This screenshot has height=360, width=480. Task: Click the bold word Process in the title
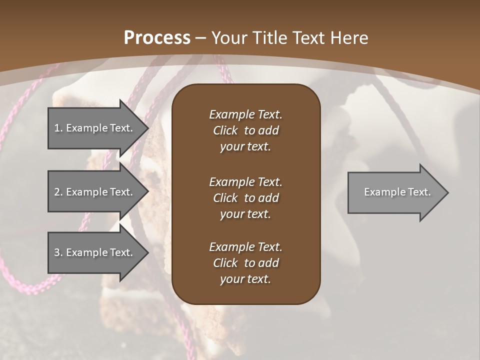157,38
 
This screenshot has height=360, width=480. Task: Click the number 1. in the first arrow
58,128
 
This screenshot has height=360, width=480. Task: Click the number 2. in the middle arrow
58,192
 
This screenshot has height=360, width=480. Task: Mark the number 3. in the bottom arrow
58,252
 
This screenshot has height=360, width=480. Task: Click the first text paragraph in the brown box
245,130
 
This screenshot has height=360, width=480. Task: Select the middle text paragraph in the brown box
245,197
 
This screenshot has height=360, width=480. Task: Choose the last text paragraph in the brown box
245,263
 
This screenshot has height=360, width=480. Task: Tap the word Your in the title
230,38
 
